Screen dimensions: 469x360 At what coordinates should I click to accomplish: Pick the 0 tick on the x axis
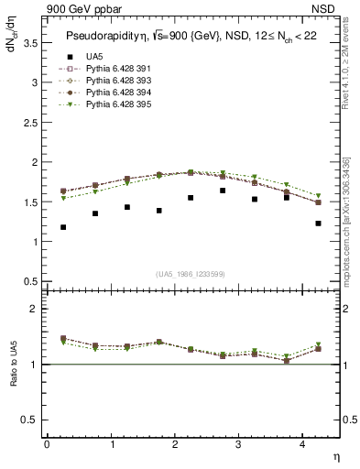(x=47, y=444)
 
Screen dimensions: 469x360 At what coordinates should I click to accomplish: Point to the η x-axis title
(x=335, y=455)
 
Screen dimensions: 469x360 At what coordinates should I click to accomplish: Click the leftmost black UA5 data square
(x=63, y=227)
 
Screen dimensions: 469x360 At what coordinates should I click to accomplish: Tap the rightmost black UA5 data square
(x=318, y=224)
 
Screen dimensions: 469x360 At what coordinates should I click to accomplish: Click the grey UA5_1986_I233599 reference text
(x=192, y=273)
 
